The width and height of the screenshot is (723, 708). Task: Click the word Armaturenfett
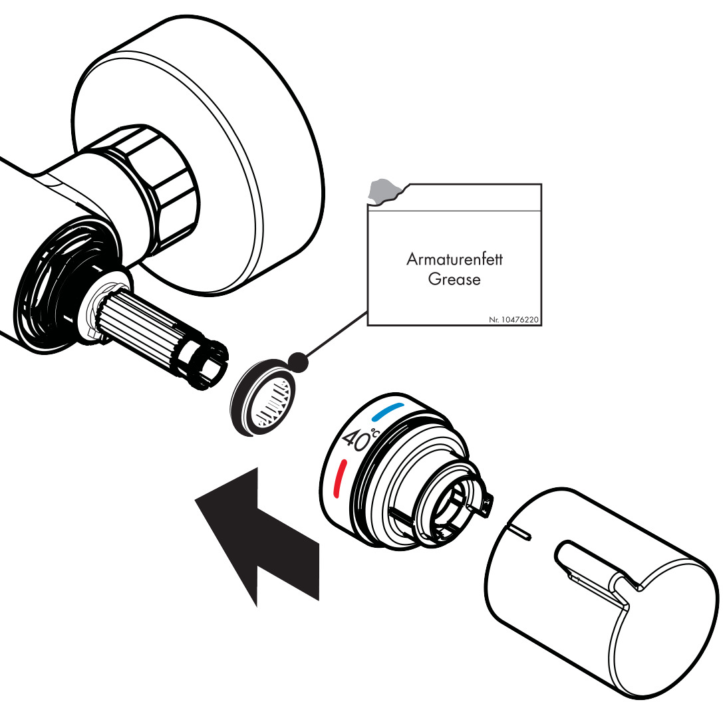point(454,259)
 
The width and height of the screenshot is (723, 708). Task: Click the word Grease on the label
point(454,279)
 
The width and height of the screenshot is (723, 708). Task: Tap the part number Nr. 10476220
point(513,319)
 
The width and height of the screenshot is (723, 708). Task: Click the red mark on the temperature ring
point(339,478)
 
